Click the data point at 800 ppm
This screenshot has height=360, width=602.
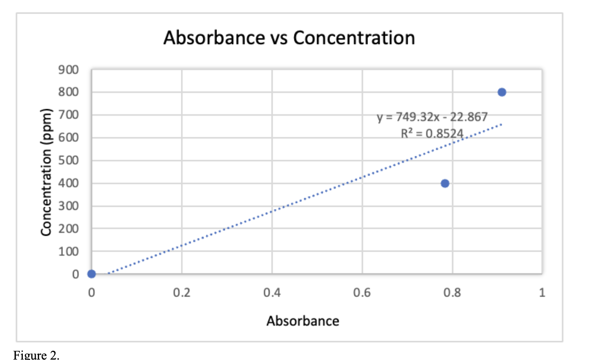[502, 92]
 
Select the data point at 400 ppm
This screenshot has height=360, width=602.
[445, 183]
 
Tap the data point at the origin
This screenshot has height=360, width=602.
[92, 274]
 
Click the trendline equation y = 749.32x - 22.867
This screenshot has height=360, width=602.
[433, 117]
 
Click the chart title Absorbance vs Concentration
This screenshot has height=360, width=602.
[289, 38]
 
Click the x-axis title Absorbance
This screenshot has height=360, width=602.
[303, 321]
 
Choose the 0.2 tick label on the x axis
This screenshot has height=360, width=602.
[182, 293]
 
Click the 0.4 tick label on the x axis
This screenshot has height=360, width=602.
[272, 293]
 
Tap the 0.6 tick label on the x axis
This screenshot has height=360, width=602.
[362, 293]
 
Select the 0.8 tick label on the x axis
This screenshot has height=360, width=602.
[452, 293]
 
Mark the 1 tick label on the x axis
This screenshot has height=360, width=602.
[542, 293]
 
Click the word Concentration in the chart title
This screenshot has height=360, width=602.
[354, 38]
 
